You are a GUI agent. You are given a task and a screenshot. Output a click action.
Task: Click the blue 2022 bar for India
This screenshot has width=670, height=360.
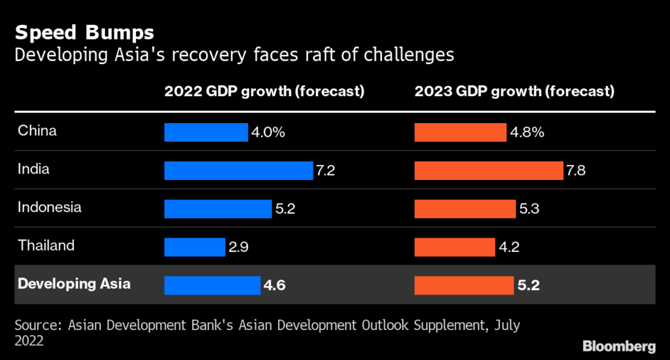click(238, 171)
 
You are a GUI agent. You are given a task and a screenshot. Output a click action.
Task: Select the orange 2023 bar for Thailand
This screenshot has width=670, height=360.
click(455, 247)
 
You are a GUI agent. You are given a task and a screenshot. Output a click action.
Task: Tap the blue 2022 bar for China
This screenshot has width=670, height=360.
click(206, 132)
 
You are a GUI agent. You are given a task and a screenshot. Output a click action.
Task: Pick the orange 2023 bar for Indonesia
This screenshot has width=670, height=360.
click(465, 209)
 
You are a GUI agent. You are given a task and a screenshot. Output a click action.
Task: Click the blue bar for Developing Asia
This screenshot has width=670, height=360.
click(212, 285)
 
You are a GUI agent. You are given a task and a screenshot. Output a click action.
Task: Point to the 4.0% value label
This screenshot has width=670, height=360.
click(268, 132)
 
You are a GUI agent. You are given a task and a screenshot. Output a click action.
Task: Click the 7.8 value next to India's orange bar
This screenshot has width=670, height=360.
click(576, 171)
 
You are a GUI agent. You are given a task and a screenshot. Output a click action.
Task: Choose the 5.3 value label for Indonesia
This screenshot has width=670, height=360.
click(528, 209)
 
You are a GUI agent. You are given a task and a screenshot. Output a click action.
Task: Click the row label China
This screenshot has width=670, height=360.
click(37, 131)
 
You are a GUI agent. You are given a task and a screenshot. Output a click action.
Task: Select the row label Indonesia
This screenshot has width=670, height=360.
click(50, 207)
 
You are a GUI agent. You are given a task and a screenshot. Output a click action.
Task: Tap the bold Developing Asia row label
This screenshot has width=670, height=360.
click(74, 284)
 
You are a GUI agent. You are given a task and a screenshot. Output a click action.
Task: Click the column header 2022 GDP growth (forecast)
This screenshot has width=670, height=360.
click(264, 92)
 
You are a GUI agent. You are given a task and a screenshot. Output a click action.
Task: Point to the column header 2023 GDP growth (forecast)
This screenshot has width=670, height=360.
click(514, 92)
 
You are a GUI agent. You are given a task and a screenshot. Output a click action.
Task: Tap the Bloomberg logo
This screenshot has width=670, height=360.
click(618, 345)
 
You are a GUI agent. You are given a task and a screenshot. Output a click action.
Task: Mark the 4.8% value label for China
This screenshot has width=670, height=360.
click(527, 132)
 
